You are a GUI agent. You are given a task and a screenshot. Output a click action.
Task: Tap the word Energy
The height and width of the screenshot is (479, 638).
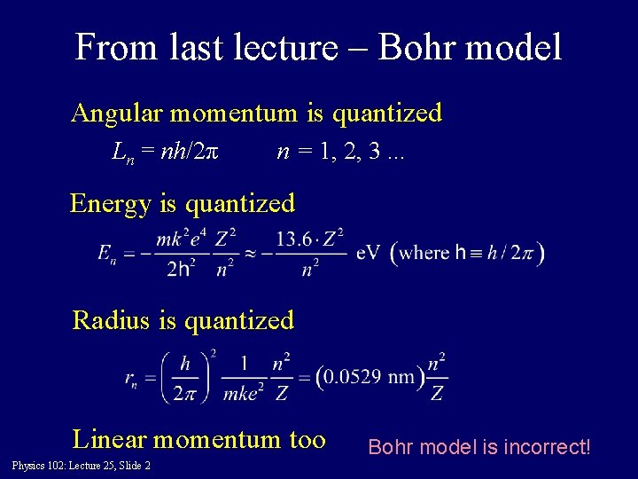tap(111, 204)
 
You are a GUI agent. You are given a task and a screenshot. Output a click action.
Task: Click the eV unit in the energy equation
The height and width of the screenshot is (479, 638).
tap(370, 254)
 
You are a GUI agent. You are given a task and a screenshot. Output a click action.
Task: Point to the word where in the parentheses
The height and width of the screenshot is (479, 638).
tap(425, 253)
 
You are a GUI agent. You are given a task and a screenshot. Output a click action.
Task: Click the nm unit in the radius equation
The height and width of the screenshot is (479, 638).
tap(401, 377)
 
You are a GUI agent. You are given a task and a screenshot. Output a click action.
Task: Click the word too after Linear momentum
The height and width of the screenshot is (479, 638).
tap(304, 439)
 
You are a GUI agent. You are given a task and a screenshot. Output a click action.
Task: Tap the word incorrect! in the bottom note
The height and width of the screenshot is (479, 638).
tap(545, 446)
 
